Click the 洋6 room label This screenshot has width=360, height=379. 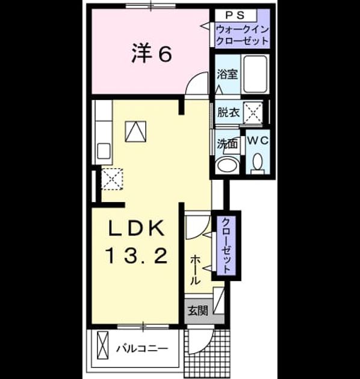152,55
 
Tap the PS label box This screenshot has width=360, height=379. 236,15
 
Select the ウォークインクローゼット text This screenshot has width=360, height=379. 242,35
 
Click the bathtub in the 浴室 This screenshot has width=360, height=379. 255,74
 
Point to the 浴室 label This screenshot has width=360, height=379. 227,74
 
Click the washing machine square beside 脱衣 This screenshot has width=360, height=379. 253,113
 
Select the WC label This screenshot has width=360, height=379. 258,140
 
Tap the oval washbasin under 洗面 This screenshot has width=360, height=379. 228,165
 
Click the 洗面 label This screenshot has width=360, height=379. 227,144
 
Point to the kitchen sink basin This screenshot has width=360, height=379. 104,151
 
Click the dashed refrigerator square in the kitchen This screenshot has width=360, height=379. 112,179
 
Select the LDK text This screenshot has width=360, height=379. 136,228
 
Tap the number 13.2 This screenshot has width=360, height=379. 136,256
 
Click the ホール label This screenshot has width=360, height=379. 196,270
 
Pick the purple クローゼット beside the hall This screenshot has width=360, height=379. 226,245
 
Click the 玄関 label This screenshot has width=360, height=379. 198,311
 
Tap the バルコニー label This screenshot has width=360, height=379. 142,348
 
